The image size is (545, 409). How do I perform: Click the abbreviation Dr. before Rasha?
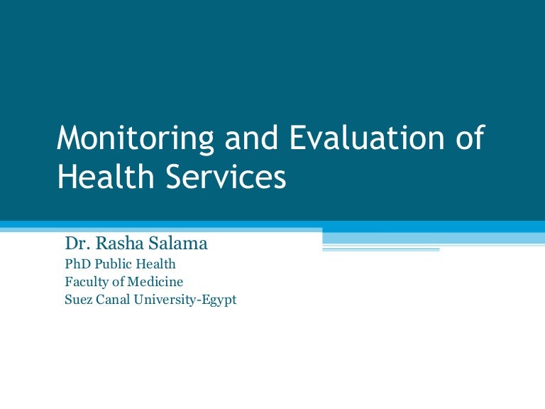point(75,244)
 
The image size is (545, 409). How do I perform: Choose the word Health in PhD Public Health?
point(155,264)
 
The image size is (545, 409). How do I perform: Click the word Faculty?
point(87,282)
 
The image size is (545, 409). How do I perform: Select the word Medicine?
point(155,282)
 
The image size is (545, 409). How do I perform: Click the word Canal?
point(113,300)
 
